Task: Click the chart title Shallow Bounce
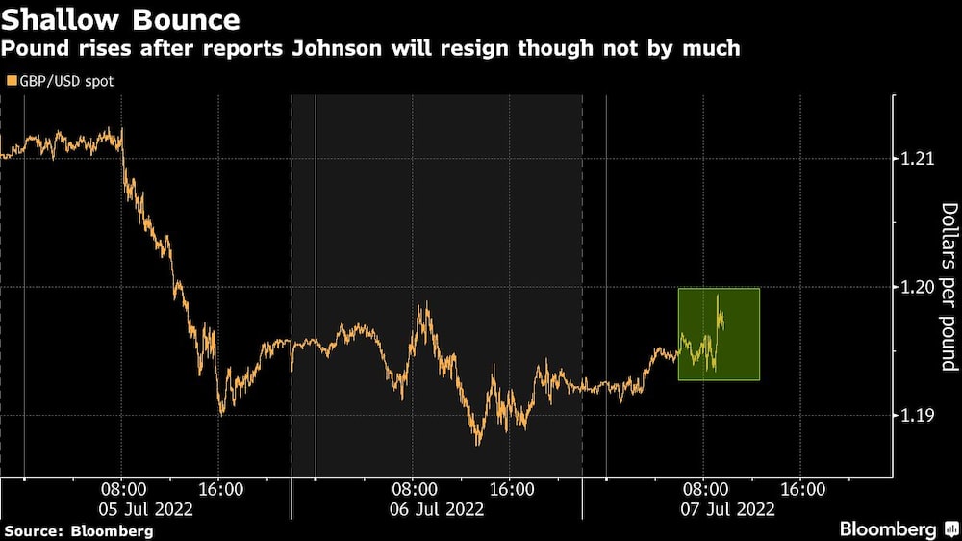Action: point(120,18)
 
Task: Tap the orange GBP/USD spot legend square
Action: point(11,82)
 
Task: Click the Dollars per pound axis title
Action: point(949,287)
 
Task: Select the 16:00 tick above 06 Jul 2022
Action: point(511,489)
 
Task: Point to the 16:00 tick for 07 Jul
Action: point(802,489)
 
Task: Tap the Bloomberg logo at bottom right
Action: point(889,528)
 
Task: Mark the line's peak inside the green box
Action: point(718,296)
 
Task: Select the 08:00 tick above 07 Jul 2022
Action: point(705,489)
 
